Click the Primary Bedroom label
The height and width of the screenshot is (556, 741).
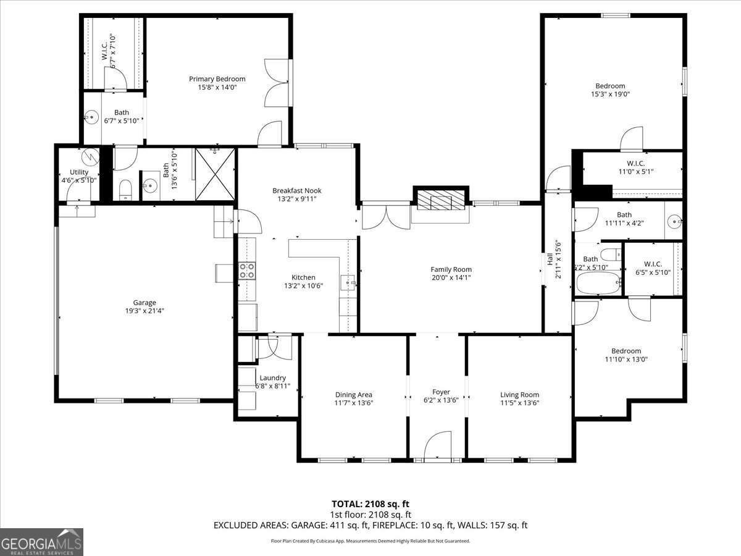(x=217, y=79)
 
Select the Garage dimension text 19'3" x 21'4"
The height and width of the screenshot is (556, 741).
(x=144, y=311)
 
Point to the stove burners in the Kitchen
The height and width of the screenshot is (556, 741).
(x=247, y=270)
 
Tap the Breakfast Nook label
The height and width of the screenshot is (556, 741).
(x=297, y=191)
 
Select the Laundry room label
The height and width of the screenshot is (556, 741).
(x=272, y=378)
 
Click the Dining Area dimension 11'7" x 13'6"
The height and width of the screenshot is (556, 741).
(x=353, y=403)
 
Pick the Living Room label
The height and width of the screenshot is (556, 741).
(x=519, y=395)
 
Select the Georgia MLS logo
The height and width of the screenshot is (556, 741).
(x=41, y=542)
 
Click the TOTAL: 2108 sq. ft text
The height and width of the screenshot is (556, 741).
(x=371, y=503)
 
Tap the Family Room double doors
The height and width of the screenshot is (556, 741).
(x=385, y=216)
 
